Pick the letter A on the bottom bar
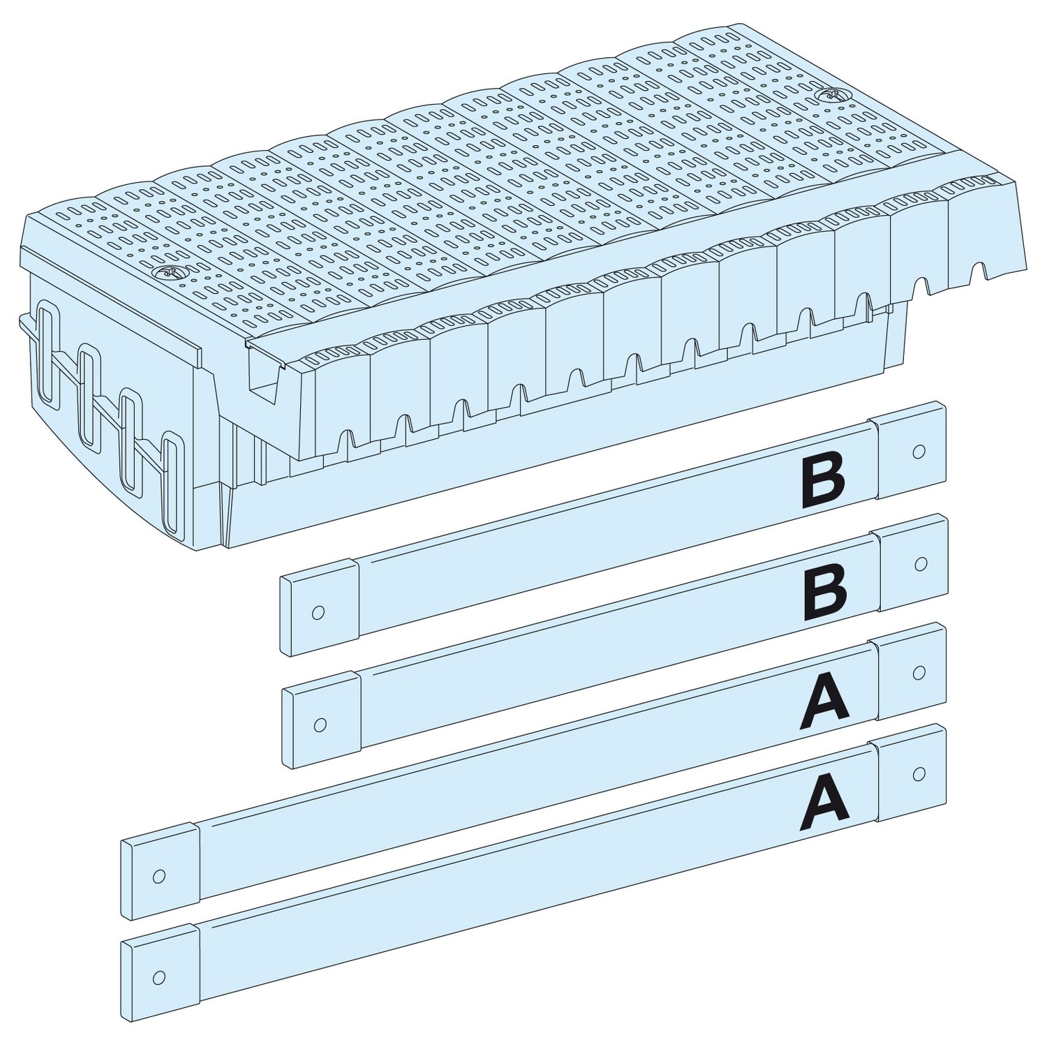click(x=824, y=801)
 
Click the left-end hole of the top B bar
click(x=318, y=613)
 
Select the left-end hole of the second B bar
click(x=320, y=725)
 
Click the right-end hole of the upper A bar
click(x=919, y=672)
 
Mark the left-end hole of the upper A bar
click(x=160, y=876)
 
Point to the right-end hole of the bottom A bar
click(x=919, y=773)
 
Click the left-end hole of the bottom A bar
click(x=160, y=976)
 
